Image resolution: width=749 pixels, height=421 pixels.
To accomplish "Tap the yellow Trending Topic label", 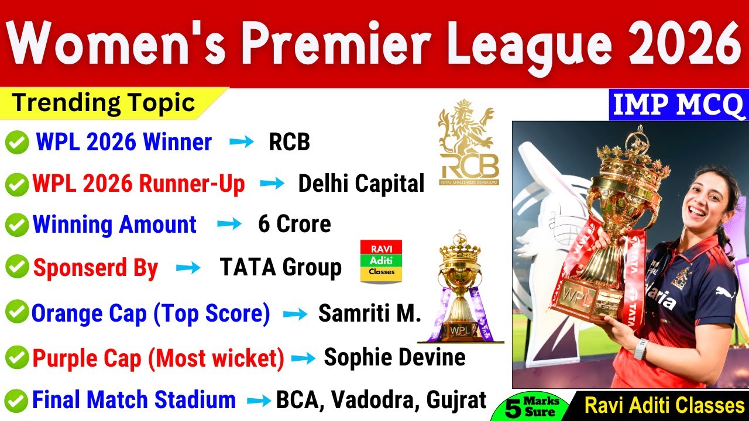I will point(104,103).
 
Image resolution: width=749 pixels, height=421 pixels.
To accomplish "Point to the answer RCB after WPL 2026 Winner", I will point(289,142).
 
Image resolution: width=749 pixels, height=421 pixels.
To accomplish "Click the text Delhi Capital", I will point(361,184).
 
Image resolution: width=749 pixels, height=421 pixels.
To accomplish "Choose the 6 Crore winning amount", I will point(294,225).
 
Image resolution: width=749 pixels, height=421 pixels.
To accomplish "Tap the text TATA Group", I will point(281,267).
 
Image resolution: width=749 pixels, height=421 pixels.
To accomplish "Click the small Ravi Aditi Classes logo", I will point(381,261).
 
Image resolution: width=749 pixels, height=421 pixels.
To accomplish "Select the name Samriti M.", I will point(370,314).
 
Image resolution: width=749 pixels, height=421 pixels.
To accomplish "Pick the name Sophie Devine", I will point(394,357).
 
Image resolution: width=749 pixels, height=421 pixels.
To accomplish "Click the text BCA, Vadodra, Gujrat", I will point(381,400).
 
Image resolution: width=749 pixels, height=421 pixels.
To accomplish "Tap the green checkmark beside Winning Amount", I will point(17,225).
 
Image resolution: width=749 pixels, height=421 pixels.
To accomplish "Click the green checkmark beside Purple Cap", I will point(17,357).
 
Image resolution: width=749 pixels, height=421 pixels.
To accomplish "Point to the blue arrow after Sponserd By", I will point(188,268).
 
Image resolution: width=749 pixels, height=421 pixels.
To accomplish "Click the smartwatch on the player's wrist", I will point(641,349).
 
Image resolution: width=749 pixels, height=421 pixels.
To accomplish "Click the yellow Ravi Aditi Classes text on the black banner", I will point(664,405).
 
